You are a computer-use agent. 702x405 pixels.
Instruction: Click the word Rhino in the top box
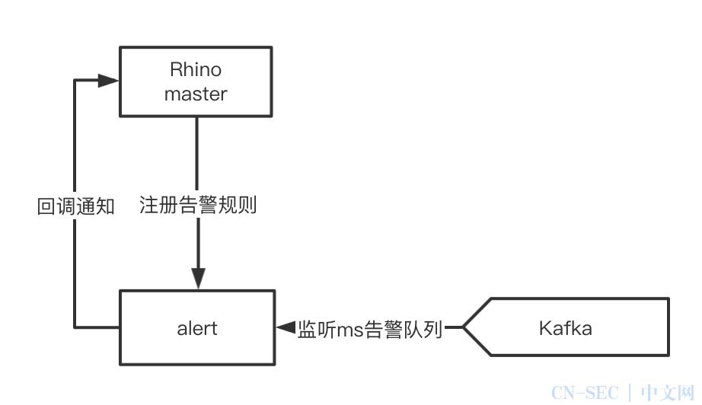point(196,70)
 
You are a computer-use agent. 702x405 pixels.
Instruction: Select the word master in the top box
point(196,94)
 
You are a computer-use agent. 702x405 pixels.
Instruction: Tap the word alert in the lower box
point(197,328)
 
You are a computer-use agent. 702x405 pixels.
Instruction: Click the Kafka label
point(566,328)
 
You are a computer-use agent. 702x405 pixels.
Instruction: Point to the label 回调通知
point(75,207)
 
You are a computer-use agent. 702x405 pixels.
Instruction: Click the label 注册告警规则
point(198,206)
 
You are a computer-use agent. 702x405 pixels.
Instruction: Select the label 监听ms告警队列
point(370,330)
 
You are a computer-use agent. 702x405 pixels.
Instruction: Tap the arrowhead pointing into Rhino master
point(108,81)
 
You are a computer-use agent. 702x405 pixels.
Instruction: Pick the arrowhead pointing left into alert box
point(286,327)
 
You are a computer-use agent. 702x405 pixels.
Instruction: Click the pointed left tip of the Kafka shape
point(463,327)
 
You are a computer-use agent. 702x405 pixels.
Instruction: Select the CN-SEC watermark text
point(585,393)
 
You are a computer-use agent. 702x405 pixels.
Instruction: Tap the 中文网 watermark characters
point(668,393)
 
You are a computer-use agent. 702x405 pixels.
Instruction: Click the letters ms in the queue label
point(349,330)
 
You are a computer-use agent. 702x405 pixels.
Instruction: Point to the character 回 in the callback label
point(46,207)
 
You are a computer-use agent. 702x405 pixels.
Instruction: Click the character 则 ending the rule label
point(247,206)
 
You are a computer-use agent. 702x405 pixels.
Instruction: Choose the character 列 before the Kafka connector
point(433,330)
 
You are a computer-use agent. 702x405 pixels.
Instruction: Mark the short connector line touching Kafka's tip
point(454,327)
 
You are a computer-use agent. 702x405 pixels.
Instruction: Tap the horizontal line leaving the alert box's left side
point(97,327)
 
